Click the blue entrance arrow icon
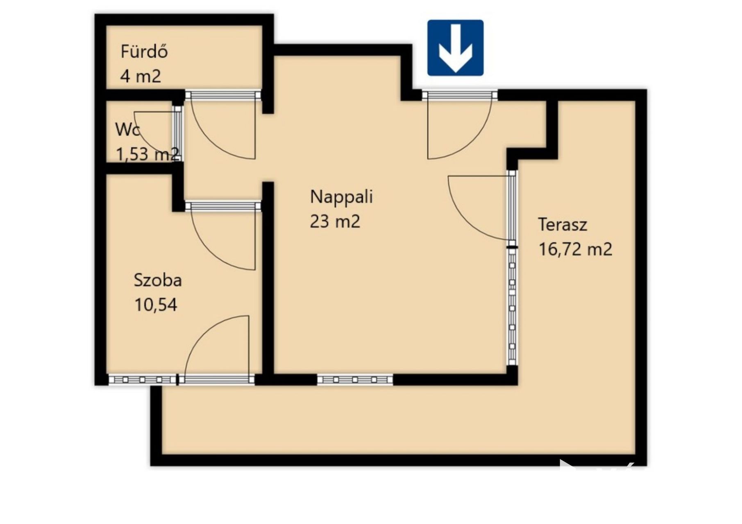point(455,48)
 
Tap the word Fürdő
point(144,52)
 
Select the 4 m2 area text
point(141,76)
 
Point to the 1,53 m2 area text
point(147,154)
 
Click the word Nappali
point(341,196)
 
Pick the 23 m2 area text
point(335,221)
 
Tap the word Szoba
point(158,280)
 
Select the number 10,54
point(156,305)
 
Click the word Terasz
point(563,224)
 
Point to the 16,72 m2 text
point(575,249)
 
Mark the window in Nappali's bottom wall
point(355,380)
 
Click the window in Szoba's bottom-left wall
point(143,380)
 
